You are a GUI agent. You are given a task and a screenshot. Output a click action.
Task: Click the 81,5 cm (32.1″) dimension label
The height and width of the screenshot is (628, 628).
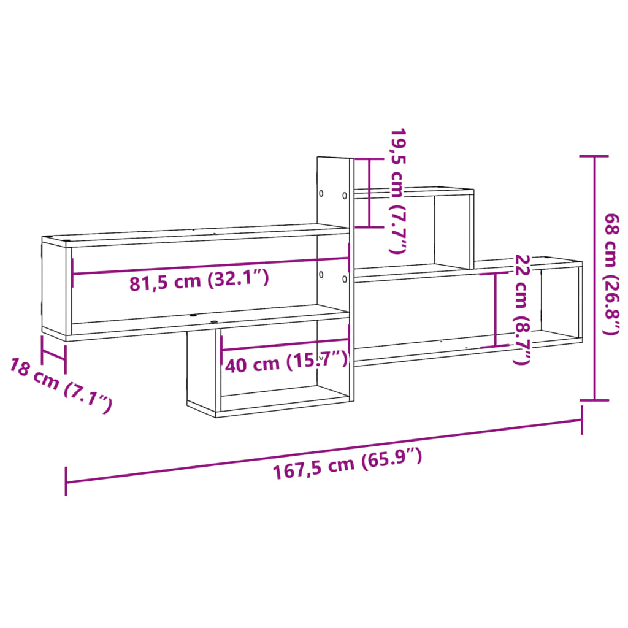tap(199, 281)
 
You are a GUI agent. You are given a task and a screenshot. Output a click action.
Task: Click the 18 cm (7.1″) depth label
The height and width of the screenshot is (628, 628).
tap(60, 385)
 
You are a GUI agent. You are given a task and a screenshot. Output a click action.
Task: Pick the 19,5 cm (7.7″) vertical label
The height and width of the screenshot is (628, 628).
tap(399, 191)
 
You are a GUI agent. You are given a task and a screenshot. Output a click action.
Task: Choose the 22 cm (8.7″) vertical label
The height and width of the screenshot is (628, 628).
tap(521, 309)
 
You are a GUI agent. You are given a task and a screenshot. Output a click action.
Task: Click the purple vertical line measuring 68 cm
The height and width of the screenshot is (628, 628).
tap(594, 276)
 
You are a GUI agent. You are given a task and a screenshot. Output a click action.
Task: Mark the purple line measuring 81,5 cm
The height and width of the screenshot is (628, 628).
tap(209, 266)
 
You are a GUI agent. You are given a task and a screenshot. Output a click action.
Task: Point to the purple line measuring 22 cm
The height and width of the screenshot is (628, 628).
tap(496, 310)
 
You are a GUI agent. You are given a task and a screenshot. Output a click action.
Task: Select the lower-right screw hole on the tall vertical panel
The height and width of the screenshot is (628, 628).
tap(345, 279)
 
